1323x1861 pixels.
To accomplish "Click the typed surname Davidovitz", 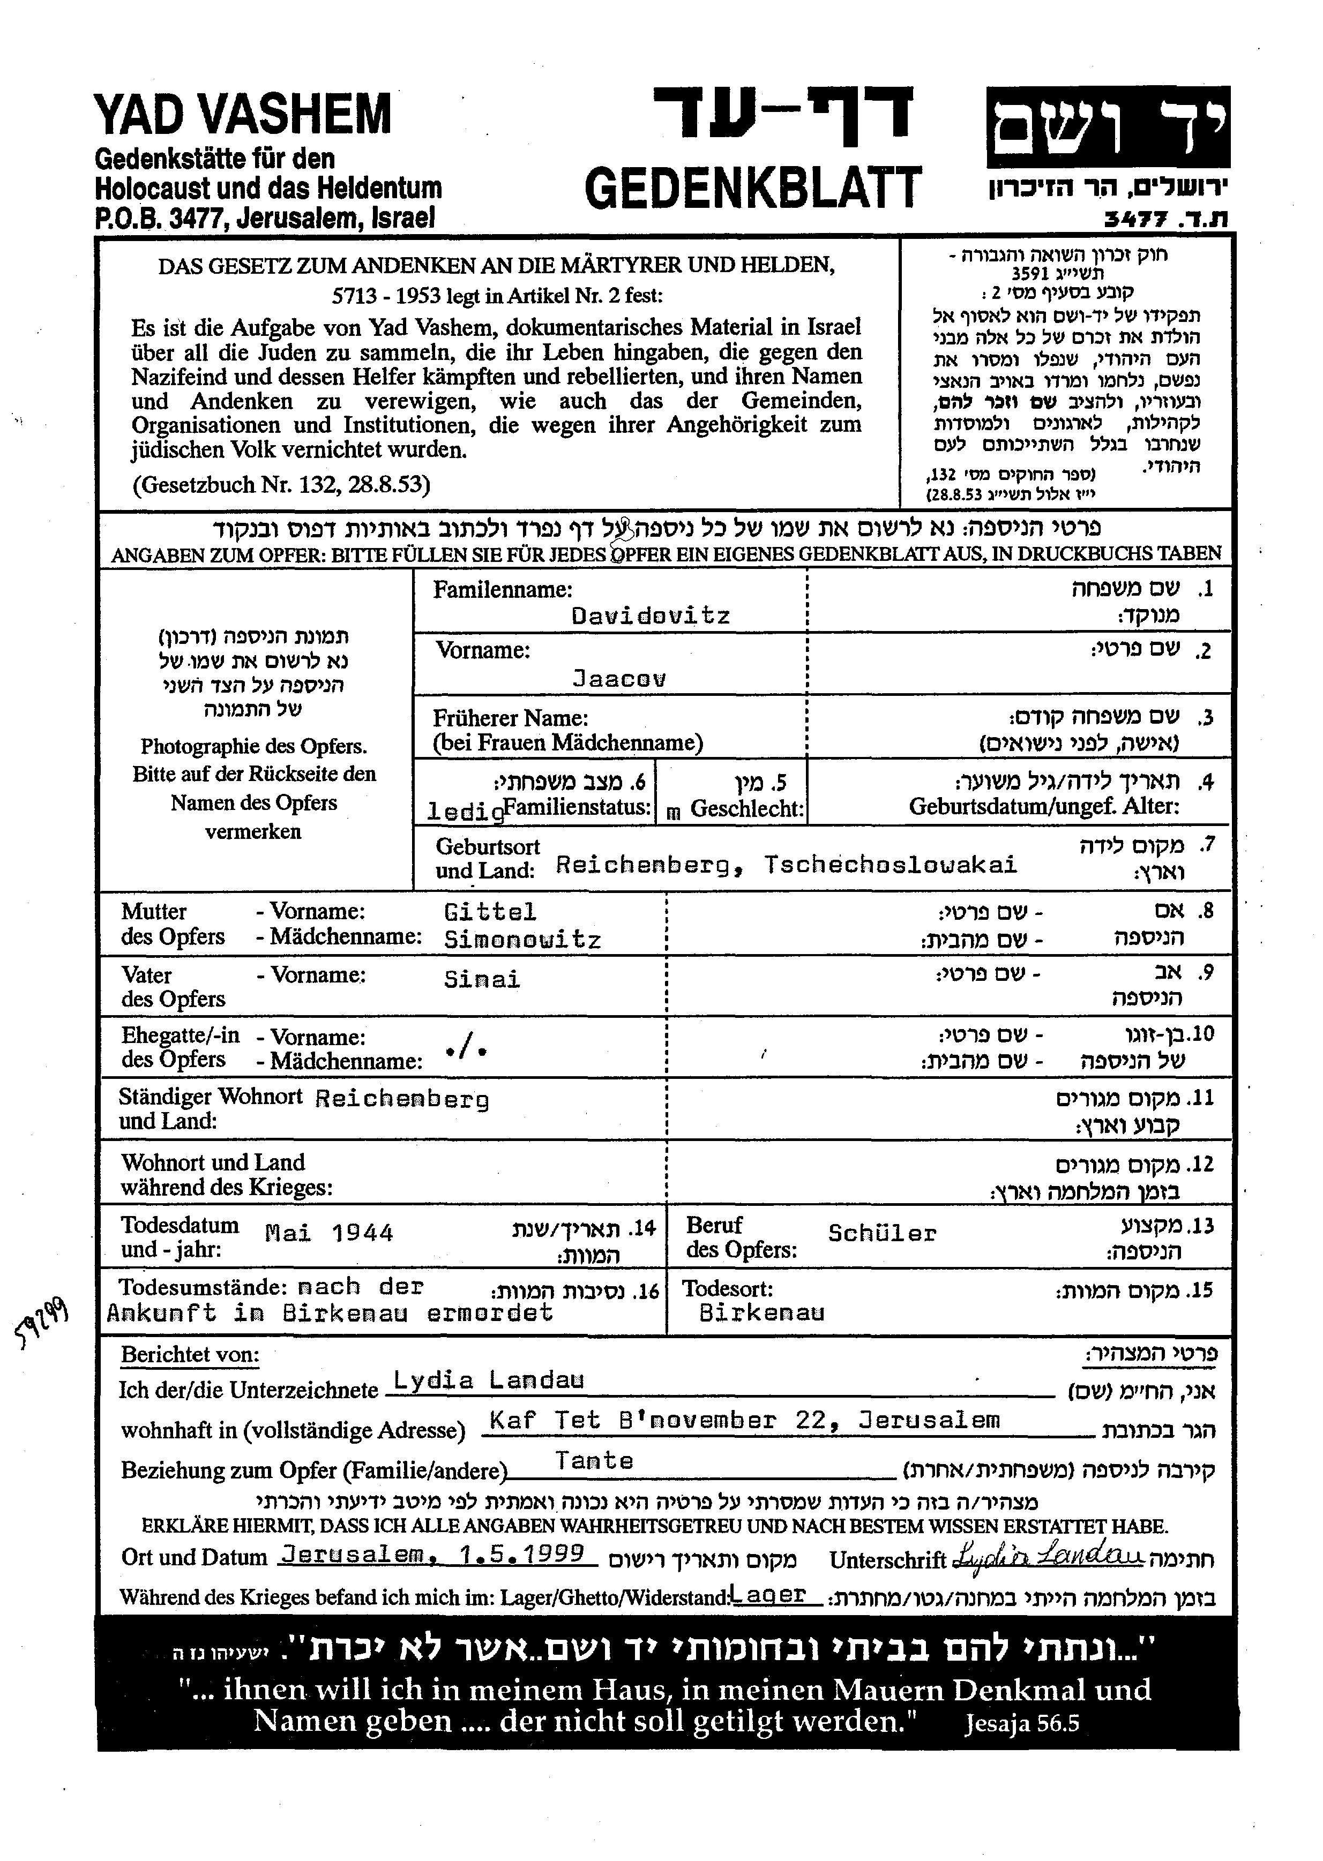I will coord(650,616).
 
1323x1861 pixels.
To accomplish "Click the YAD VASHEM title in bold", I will coord(243,114).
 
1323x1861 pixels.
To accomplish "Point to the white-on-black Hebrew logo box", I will coord(1108,126).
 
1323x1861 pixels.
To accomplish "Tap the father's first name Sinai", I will coord(482,980).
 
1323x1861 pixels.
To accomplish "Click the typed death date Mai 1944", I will coord(329,1233).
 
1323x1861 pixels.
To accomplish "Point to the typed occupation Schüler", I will coord(883,1233).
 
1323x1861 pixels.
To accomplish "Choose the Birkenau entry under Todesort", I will coord(761,1312).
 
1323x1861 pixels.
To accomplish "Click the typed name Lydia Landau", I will coord(489,1379).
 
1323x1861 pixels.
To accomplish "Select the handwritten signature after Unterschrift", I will coord(1047,1556).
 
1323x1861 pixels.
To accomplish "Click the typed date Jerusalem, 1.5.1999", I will coord(432,1554).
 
